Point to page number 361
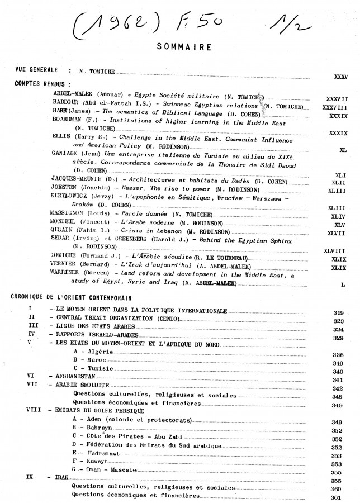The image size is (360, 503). point(336,497)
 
